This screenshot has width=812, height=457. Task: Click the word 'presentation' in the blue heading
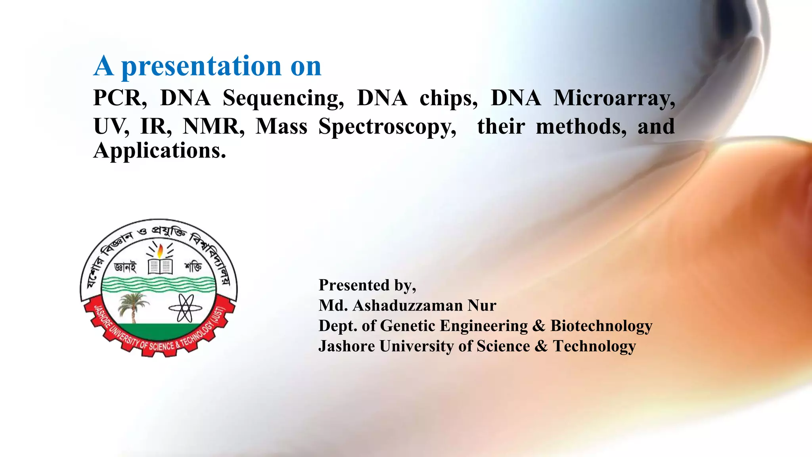point(201,66)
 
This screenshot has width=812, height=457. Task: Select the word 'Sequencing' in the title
point(283,98)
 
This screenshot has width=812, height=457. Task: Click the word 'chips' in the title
point(448,98)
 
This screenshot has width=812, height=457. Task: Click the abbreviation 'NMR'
point(213,127)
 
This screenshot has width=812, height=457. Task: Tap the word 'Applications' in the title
point(159,151)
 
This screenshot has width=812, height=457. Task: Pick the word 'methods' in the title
point(581,127)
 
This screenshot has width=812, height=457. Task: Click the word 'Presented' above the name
point(354,285)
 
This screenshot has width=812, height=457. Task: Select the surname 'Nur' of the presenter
point(482,305)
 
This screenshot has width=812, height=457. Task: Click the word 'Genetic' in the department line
point(408,326)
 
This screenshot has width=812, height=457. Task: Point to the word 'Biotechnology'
point(601,326)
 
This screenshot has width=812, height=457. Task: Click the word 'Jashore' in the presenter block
point(347,346)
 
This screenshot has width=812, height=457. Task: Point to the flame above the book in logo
point(160,250)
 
